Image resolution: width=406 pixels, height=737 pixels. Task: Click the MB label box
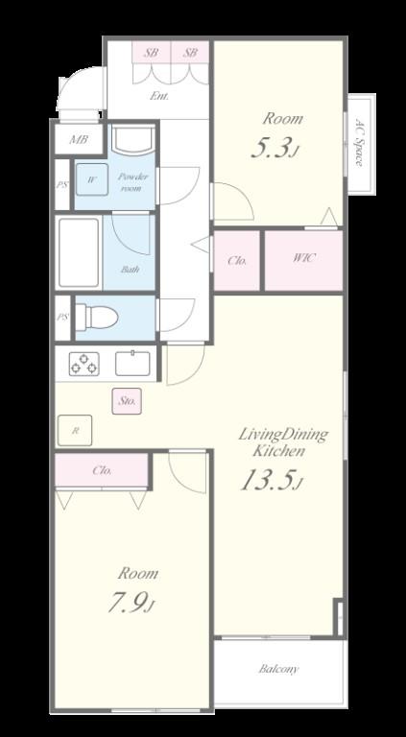(79, 139)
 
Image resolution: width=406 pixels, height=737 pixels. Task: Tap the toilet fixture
(96, 317)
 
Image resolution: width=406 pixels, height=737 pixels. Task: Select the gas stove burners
(84, 364)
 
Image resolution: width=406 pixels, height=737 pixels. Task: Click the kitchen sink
(133, 364)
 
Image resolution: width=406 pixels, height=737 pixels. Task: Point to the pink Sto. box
(127, 401)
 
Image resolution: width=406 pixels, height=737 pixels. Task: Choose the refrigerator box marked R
(75, 430)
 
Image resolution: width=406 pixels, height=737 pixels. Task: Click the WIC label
(303, 258)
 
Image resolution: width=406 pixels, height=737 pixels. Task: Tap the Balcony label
(278, 669)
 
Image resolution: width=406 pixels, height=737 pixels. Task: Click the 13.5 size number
(270, 481)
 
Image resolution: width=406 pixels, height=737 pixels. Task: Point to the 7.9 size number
(131, 603)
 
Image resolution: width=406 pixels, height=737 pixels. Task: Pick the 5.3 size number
(275, 147)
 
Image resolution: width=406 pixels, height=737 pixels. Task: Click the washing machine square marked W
(92, 179)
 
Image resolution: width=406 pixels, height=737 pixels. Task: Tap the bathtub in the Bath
(79, 252)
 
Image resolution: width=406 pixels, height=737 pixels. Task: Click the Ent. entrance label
(159, 97)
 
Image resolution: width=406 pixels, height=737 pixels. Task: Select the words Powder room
(132, 182)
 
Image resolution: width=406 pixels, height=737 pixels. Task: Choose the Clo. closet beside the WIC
(237, 261)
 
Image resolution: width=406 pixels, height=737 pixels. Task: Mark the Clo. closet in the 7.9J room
(102, 470)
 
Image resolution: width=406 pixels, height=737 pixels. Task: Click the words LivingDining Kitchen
(283, 441)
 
